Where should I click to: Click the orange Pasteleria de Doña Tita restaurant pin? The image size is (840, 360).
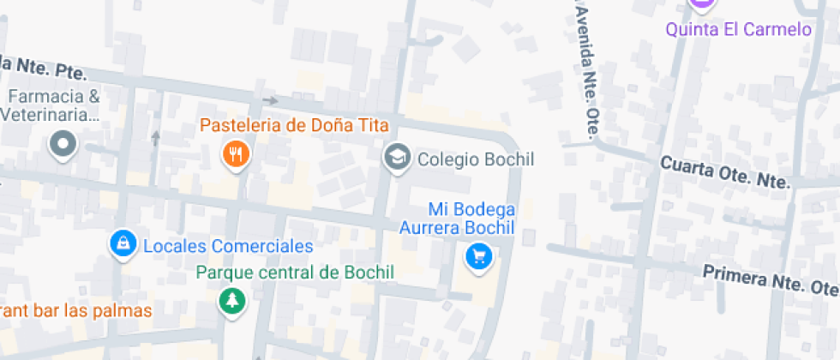pyautogui.click(x=235, y=154)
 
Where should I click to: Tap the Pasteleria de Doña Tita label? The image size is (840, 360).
pyautogui.click(x=285, y=126)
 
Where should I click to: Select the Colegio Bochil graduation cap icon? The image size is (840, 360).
pyautogui.click(x=396, y=159)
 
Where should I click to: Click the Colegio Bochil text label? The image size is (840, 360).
pyautogui.click(x=475, y=159)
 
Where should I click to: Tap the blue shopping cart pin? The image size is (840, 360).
pyautogui.click(x=478, y=255)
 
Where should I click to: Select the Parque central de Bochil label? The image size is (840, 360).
pyautogui.click(x=294, y=273)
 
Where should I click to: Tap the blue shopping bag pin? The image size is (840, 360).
pyautogui.click(x=124, y=244)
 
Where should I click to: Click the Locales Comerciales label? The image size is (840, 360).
pyautogui.click(x=227, y=247)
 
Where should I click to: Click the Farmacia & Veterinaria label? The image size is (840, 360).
pyautogui.click(x=51, y=105)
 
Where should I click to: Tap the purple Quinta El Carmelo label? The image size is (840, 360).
pyautogui.click(x=738, y=30)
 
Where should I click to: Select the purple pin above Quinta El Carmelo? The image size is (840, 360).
pyautogui.click(x=702, y=4)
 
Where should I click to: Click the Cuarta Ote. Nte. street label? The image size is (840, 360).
pyautogui.click(x=723, y=171)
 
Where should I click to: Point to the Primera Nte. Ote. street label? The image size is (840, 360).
pyautogui.click(x=770, y=279)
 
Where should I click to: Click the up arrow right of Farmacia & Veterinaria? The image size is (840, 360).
pyautogui.click(x=155, y=137)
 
